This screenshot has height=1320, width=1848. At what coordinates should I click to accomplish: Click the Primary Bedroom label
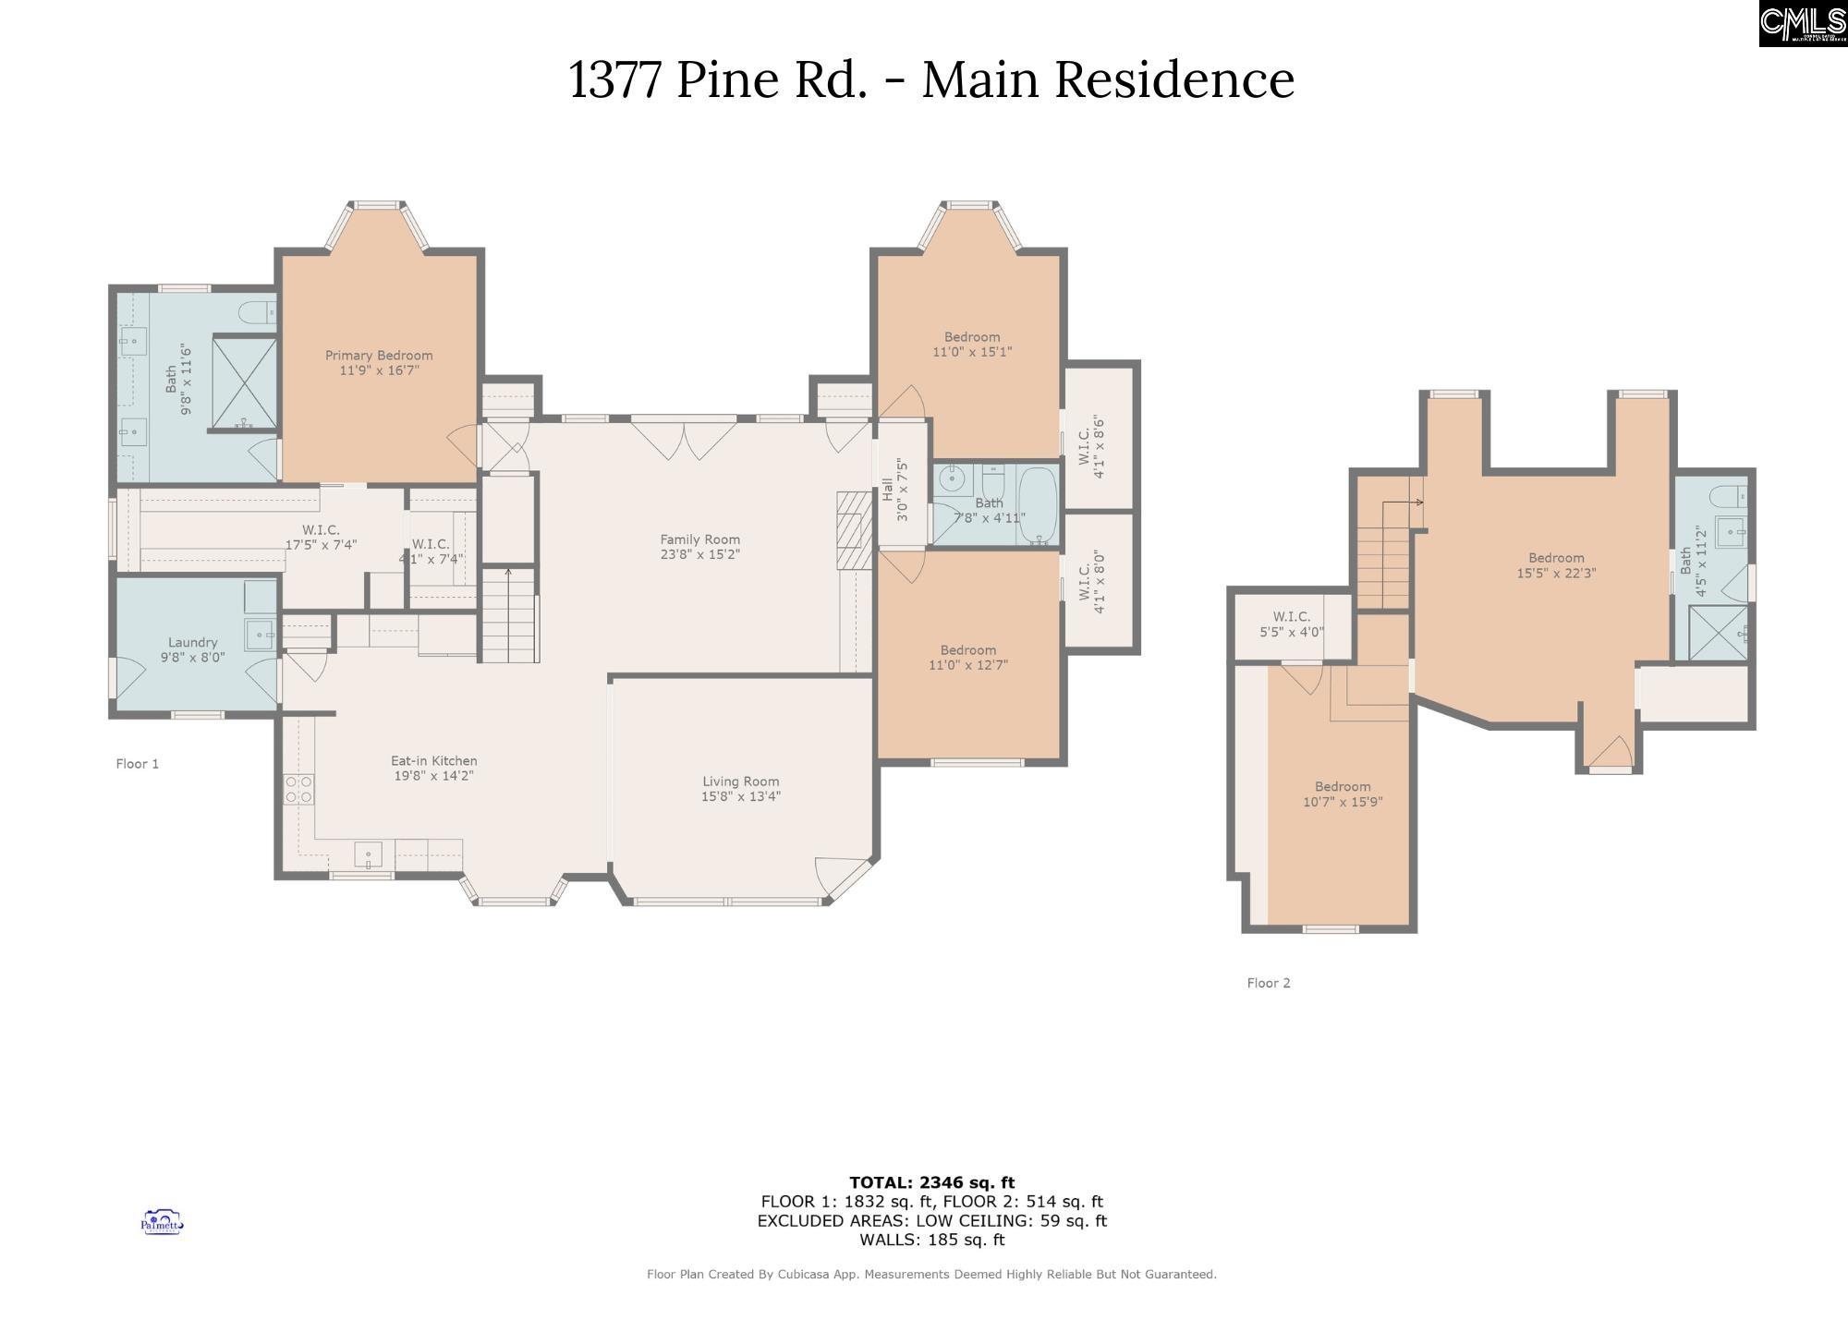point(379,356)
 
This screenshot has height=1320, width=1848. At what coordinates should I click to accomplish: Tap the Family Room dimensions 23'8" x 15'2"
point(699,555)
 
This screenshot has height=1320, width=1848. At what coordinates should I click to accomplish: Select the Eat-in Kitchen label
point(433,761)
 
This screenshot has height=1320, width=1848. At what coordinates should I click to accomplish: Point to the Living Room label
point(740,781)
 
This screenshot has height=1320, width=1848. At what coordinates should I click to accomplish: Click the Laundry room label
point(192,643)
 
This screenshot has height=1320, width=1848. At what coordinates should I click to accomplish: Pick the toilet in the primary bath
point(258,312)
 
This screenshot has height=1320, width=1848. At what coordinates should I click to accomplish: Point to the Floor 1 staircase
point(509,616)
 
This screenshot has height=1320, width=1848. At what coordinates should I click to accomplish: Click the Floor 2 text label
point(1268,983)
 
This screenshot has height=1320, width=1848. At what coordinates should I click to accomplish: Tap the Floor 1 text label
point(137,764)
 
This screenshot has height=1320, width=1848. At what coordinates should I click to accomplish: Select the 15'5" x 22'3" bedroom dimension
point(1556,573)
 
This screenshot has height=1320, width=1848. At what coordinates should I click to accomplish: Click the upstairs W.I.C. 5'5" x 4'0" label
point(1291,624)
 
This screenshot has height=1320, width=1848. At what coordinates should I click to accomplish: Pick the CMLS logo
point(1803,23)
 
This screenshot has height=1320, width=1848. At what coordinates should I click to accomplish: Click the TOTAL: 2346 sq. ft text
point(931,1182)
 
